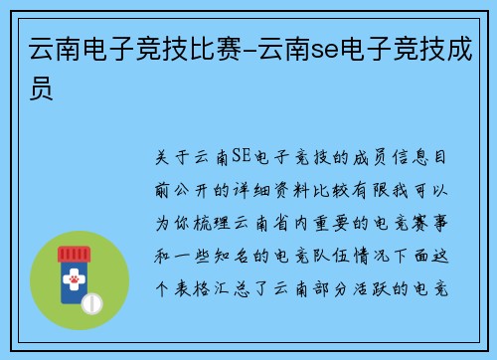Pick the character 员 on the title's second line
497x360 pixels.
point(41,90)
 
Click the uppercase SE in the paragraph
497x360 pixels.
point(240,157)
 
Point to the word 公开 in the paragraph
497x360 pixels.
point(206,190)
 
